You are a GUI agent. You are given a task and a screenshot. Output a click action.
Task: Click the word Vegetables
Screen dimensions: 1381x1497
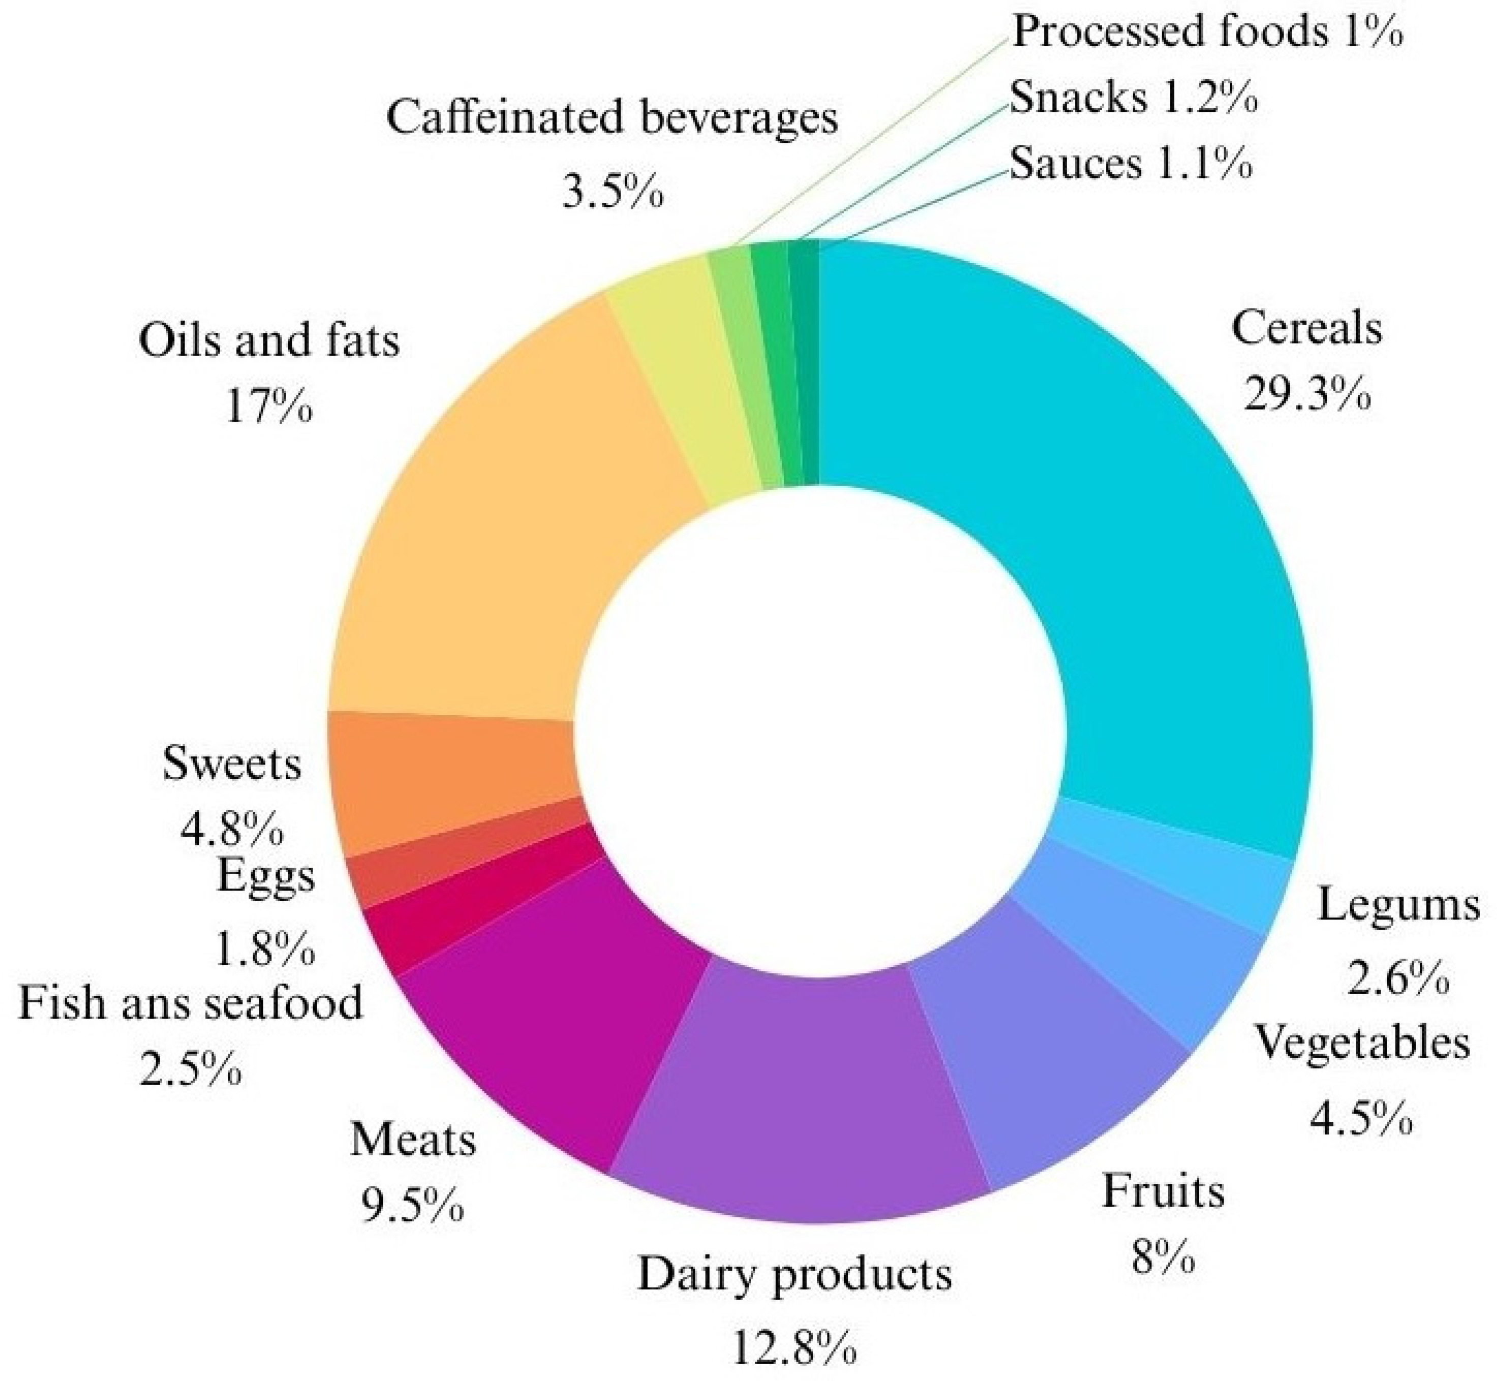click(1362, 1042)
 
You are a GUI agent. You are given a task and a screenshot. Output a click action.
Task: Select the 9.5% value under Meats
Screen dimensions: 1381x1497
click(413, 1203)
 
